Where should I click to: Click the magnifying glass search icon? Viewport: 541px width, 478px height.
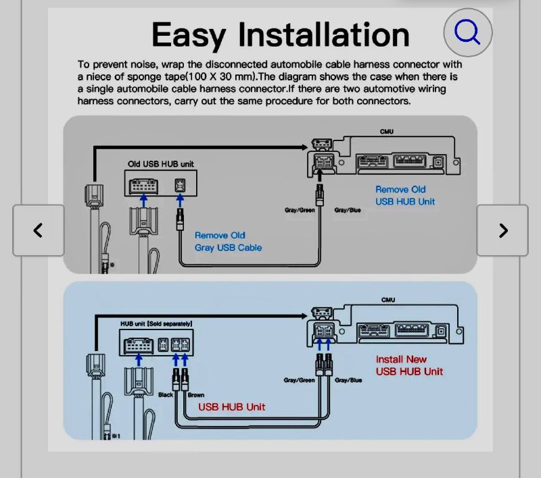click(467, 32)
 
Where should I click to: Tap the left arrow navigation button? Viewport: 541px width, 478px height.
click(39, 230)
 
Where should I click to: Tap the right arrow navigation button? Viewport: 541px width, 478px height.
click(502, 230)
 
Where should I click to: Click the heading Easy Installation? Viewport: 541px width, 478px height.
click(280, 34)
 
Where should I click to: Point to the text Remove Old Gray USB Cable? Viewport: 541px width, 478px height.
click(228, 241)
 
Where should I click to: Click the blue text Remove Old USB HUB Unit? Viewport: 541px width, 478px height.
click(405, 195)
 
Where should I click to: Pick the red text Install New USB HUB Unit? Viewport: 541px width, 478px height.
click(410, 365)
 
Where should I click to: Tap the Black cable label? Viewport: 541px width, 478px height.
click(166, 394)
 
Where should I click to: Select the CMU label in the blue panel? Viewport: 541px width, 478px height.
click(387, 299)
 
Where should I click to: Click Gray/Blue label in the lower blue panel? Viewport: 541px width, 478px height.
click(348, 380)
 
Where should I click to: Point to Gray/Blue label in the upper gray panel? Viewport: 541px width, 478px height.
click(348, 210)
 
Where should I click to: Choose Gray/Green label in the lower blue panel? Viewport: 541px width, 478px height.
click(299, 380)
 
